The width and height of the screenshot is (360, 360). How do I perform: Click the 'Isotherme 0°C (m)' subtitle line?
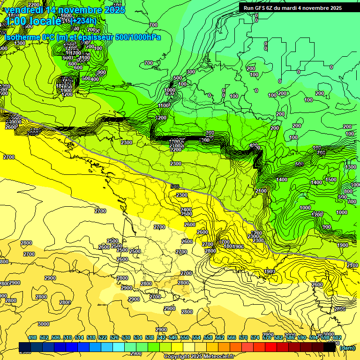[82, 37]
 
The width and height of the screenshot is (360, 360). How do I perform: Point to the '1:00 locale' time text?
[33, 21]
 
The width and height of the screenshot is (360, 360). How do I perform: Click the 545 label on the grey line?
[175, 187]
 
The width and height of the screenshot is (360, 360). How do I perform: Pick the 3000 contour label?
[44, 324]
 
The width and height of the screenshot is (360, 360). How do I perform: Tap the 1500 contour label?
[331, 180]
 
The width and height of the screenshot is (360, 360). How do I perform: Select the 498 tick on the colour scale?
[32, 337]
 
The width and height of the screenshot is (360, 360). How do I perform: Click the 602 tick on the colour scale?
[337, 337]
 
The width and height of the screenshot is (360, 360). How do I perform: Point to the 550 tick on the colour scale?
[185, 337]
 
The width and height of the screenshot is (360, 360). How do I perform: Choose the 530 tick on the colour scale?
[126, 337]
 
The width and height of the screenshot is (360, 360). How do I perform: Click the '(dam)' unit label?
[347, 348]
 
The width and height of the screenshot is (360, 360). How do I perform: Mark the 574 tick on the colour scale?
[255, 337]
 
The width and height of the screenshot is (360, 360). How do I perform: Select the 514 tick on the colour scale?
[79, 337]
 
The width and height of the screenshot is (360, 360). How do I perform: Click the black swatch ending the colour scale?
[330, 347]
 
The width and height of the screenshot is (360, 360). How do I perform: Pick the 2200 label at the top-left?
[34, 5]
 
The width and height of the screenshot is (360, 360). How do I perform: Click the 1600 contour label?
[67, 15]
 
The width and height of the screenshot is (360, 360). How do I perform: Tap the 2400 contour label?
[186, 210]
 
